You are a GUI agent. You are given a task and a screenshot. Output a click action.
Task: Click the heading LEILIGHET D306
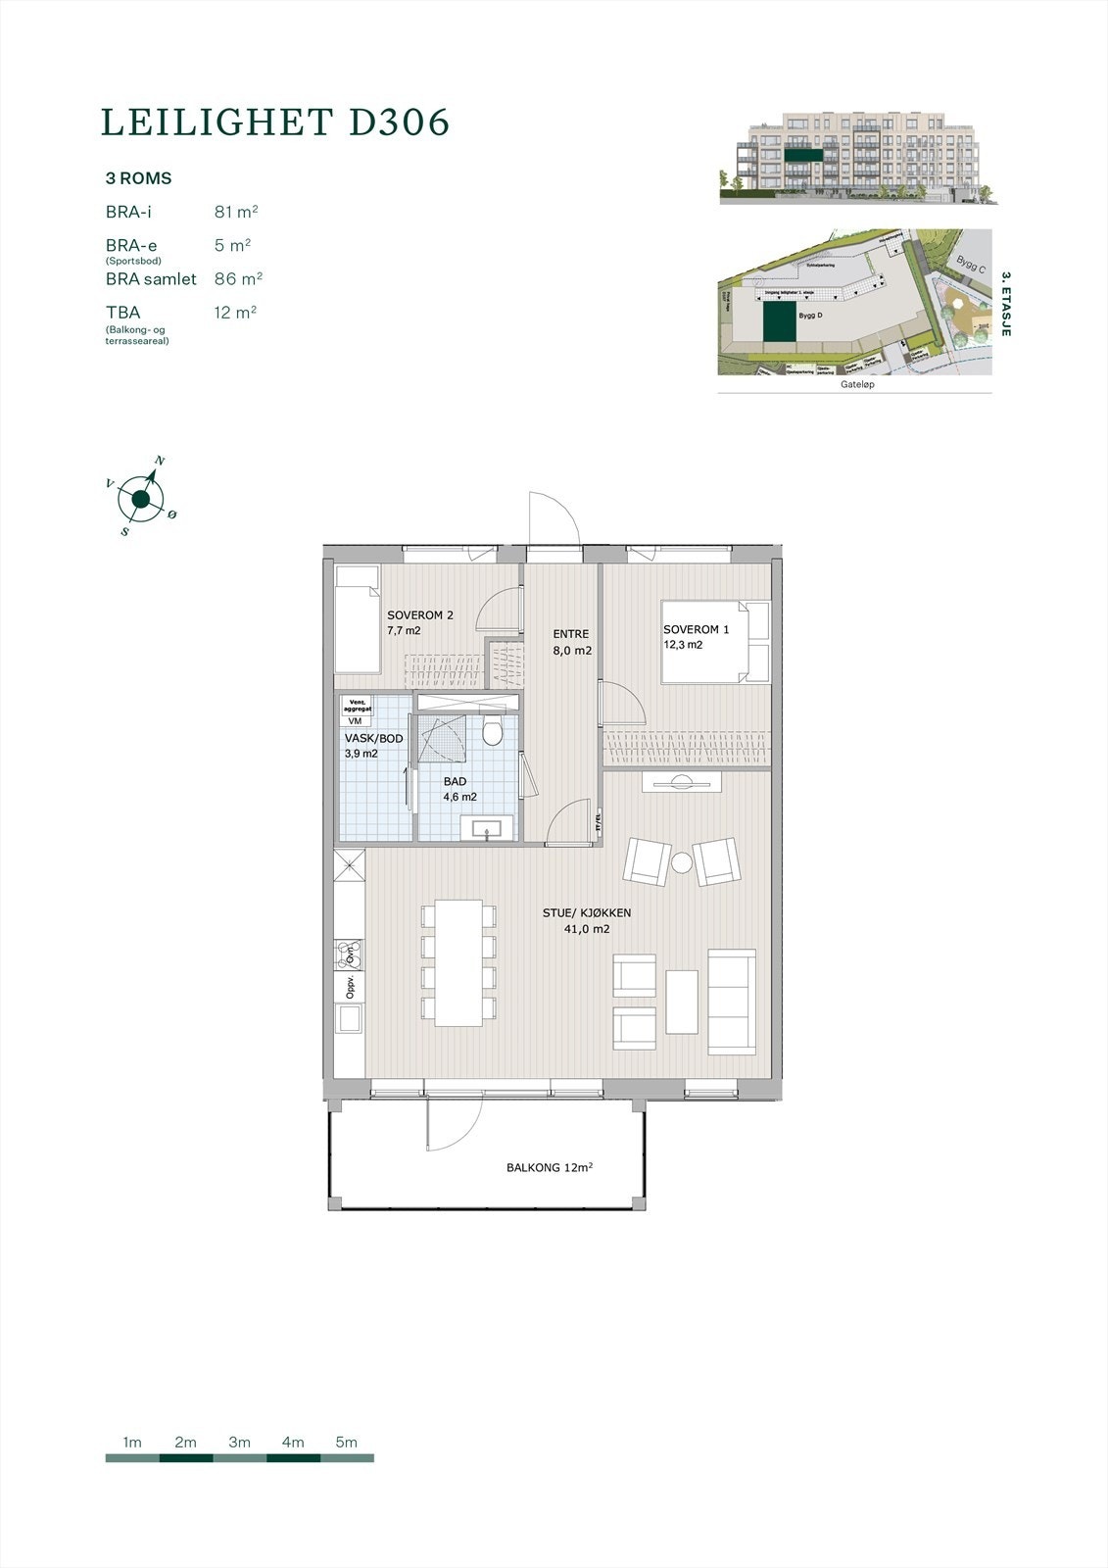click(275, 122)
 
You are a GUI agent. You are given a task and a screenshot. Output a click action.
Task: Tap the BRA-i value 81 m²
click(235, 212)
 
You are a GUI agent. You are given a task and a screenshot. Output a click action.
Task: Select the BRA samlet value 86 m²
click(238, 279)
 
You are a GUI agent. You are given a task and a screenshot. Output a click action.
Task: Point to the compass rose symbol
click(141, 500)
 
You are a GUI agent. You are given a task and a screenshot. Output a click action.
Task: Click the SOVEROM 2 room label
click(419, 622)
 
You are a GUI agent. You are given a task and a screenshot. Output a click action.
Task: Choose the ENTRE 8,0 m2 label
click(571, 642)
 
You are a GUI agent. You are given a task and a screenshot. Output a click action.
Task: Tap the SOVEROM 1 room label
click(696, 637)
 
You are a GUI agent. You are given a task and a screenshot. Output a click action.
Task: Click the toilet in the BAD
click(493, 732)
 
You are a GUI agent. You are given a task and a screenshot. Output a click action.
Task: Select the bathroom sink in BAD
click(486, 829)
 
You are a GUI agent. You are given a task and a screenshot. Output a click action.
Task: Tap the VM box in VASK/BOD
click(354, 721)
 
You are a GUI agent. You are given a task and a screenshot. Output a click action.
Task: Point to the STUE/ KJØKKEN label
click(587, 920)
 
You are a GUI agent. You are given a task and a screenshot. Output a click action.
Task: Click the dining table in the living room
click(458, 962)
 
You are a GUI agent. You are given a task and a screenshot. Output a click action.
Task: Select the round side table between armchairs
click(682, 862)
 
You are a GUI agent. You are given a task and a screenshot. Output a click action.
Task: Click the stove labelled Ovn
click(348, 955)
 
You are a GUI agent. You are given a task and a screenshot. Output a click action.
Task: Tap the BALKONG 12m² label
click(550, 1168)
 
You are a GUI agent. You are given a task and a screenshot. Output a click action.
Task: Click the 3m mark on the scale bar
click(239, 1443)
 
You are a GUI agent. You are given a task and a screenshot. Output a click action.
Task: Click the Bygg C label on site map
click(971, 265)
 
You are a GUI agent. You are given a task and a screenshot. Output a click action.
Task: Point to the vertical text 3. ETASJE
click(1005, 306)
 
